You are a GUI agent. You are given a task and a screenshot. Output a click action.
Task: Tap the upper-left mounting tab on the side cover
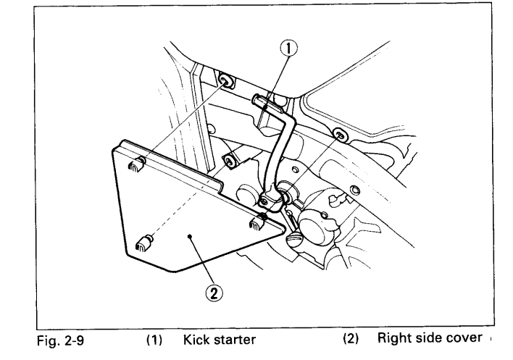(x=135, y=168)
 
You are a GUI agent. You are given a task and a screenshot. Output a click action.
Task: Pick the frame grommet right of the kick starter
(x=339, y=133)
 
